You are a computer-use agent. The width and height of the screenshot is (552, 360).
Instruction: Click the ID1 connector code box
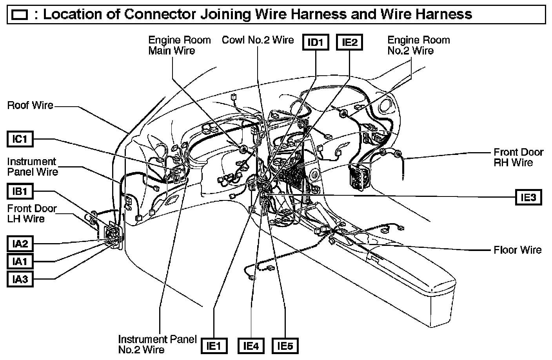pyautogui.click(x=315, y=42)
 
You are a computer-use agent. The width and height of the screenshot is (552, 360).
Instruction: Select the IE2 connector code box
pyautogui.click(x=350, y=42)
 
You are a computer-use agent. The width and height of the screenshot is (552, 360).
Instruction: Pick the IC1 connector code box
pyautogui.click(x=20, y=139)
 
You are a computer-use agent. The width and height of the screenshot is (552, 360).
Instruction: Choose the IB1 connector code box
pyautogui.click(x=20, y=191)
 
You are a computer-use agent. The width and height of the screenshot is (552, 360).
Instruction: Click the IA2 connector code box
pyautogui.click(x=20, y=244)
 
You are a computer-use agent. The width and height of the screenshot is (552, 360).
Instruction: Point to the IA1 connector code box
pyautogui.click(x=20, y=261)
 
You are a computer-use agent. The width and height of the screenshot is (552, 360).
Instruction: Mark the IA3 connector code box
pyautogui.click(x=20, y=279)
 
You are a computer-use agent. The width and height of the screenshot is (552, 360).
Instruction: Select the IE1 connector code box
pyautogui.click(x=214, y=345)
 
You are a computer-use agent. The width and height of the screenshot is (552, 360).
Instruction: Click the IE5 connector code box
pyautogui.click(x=285, y=345)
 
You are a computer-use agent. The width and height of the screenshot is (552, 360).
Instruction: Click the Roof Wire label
pyautogui.click(x=30, y=105)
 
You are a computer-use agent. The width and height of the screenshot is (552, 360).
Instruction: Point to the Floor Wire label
pyautogui.click(x=517, y=250)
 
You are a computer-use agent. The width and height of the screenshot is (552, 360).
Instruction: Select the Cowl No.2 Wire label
pyautogui.click(x=258, y=40)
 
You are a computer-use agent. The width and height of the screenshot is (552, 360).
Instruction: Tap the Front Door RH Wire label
pyautogui.click(x=518, y=157)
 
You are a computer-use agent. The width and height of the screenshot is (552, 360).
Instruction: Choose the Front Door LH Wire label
pyautogui.click(x=32, y=214)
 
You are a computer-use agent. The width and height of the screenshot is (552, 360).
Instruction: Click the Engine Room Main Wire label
pyautogui.click(x=179, y=45)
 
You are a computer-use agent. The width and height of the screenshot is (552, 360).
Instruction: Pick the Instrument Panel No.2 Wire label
pyautogui.click(x=157, y=344)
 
